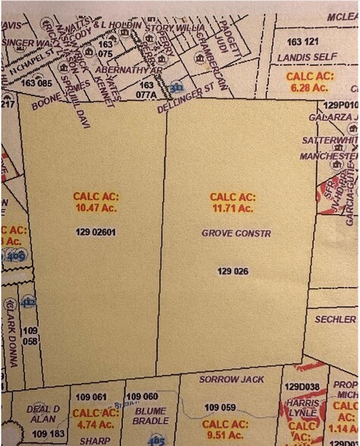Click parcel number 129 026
click(x=233, y=271)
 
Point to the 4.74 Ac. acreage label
click(x=95, y=419)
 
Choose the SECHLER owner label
click(x=335, y=319)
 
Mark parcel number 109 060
click(x=142, y=397)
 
